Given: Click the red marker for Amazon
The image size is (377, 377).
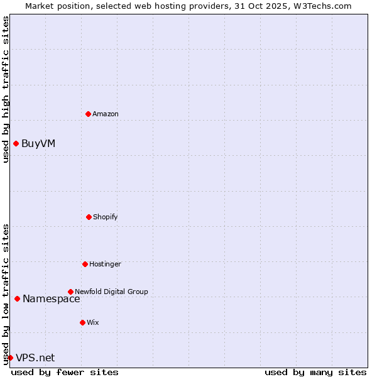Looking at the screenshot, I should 88,114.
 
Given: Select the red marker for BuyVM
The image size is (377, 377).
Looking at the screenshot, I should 16,143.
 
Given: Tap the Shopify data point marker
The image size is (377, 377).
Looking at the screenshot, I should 89,217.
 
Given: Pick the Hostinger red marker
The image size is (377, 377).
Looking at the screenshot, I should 85,264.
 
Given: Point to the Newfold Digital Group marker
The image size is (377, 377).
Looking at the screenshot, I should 70,292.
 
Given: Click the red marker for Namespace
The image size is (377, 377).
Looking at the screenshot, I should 17,298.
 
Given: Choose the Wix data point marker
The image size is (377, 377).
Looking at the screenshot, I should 82,322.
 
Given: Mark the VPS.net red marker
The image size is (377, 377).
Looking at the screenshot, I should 10,358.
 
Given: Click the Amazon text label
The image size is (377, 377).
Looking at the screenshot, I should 106,114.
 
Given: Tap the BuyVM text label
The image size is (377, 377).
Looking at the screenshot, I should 38,143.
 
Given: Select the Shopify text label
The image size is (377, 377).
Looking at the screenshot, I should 106,217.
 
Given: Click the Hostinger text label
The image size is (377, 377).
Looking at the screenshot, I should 105,264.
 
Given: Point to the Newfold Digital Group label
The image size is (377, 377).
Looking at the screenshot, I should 111,292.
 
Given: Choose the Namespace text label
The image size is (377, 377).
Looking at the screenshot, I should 52,298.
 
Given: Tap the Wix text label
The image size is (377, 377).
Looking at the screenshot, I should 93,322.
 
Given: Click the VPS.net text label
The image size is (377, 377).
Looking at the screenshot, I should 35,358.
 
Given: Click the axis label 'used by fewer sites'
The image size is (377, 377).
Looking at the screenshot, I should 65,372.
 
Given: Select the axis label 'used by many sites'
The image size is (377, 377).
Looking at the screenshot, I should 315,372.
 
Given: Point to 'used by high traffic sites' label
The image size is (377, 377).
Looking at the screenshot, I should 6,89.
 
